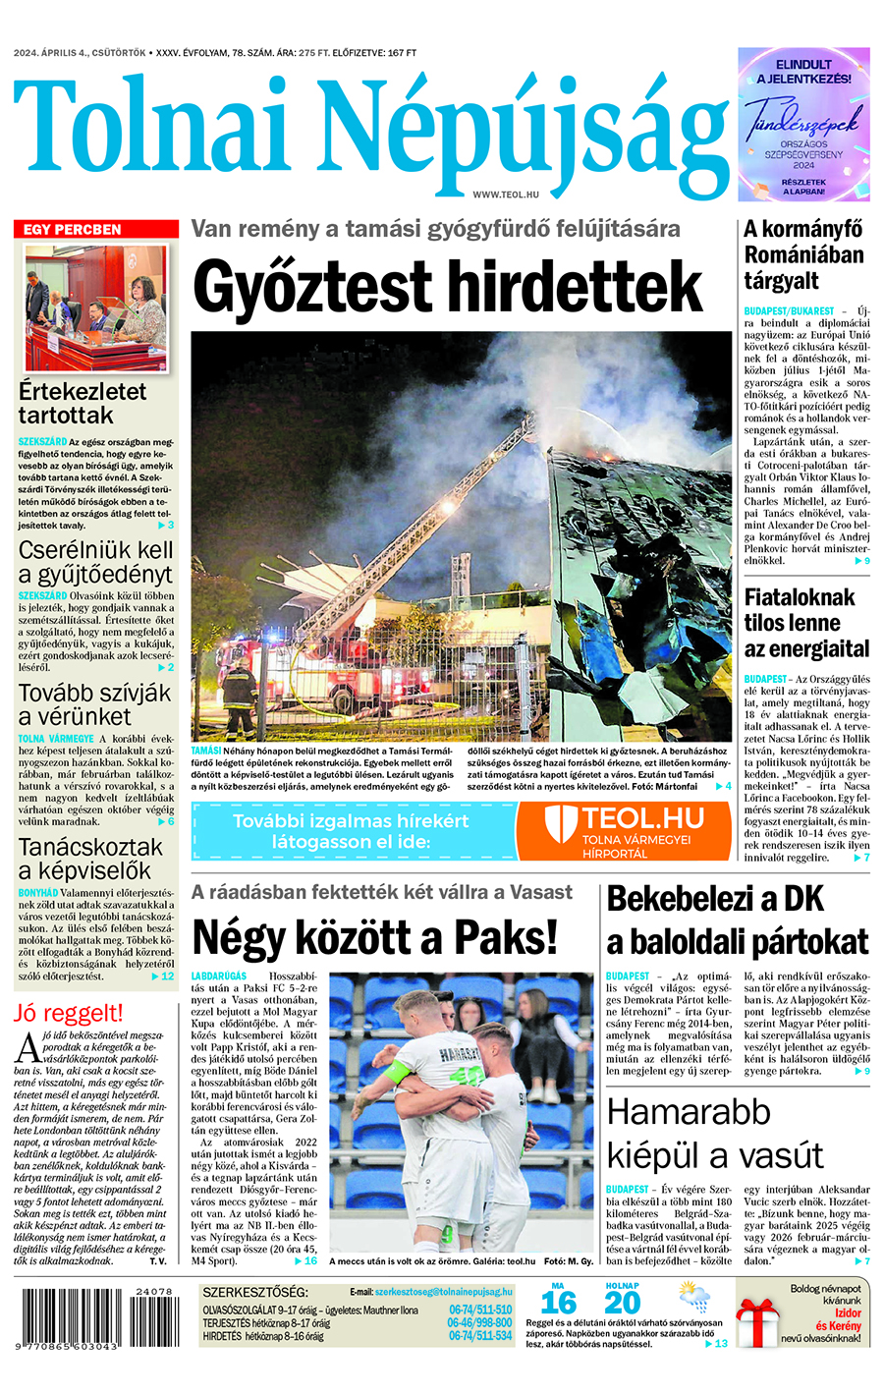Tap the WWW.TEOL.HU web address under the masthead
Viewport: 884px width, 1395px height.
506,195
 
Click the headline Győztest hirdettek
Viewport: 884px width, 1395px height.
448,286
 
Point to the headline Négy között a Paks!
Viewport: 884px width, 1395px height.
375,936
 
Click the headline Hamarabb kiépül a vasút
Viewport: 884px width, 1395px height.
714,1133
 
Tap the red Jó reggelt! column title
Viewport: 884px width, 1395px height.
69,1013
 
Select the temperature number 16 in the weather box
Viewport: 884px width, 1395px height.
558,1303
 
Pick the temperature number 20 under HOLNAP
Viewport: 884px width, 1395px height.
622,1303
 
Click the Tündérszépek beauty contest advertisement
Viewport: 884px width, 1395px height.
803,124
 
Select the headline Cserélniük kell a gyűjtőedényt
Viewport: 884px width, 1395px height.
96,562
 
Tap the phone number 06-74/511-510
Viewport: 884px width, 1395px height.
480,1310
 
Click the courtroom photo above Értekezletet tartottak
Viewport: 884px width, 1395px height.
96,308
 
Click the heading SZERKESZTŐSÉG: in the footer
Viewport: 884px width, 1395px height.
254,1292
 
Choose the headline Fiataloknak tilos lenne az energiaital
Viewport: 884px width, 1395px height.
806,623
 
